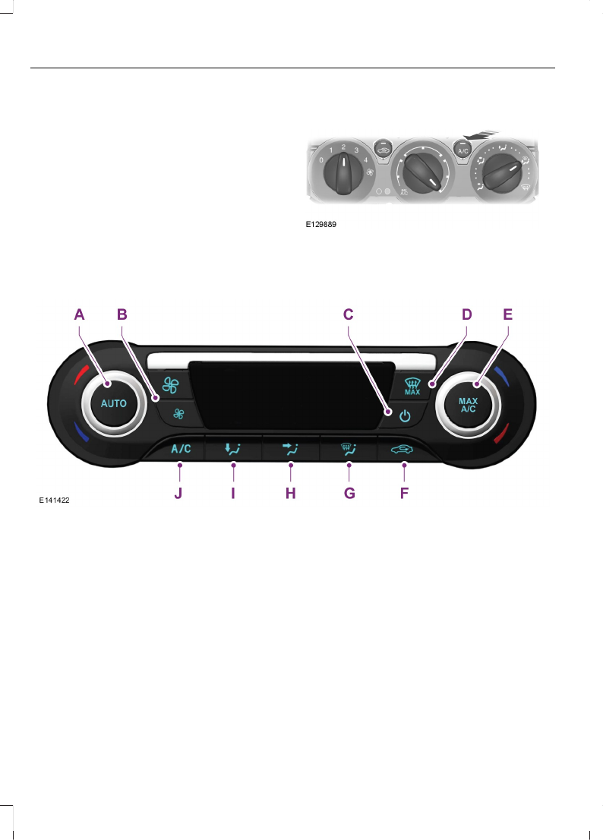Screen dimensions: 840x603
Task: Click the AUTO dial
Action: [114, 403]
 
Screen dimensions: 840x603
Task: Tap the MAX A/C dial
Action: [468, 403]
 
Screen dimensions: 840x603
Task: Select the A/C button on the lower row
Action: [181, 449]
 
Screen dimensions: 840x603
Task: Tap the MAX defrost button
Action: [412, 387]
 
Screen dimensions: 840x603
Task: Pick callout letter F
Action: [404, 493]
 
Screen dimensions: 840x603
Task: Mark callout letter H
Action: [290, 493]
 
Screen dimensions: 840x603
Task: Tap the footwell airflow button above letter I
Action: [232, 449]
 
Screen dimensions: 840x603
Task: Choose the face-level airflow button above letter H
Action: [291, 449]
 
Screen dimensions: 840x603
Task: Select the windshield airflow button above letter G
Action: [349, 449]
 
